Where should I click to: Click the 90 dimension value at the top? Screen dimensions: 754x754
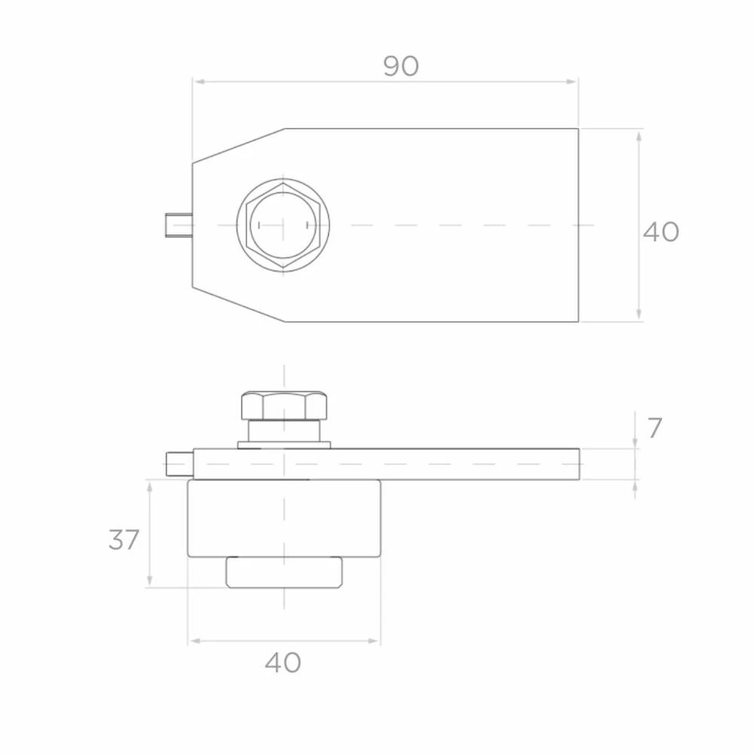(x=401, y=66)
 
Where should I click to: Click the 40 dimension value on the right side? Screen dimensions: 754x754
(x=661, y=231)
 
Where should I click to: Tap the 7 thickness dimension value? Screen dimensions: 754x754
(x=654, y=428)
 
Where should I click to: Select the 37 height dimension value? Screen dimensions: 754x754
(x=124, y=540)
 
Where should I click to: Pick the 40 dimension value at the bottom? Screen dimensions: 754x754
(x=283, y=663)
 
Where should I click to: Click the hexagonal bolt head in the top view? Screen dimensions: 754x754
(x=283, y=225)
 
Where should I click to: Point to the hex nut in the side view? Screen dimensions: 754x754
(x=284, y=406)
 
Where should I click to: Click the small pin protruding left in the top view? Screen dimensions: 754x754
(x=179, y=225)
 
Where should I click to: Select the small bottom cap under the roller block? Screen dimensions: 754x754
(x=284, y=572)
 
